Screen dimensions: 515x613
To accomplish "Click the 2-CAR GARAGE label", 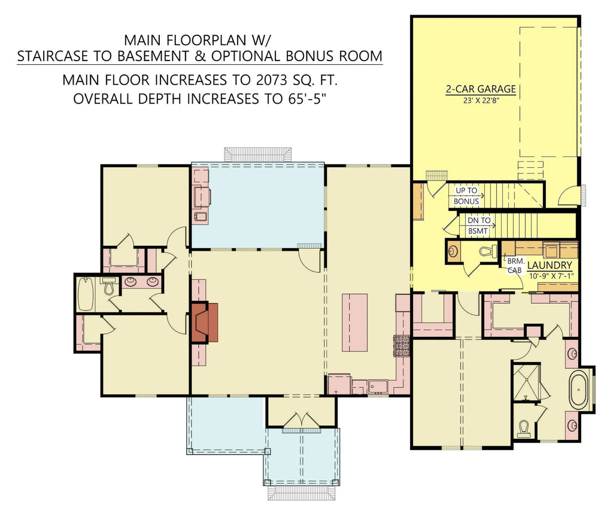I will pyautogui.click(x=481, y=89).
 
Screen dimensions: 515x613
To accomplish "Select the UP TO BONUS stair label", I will pyautogui.click(x=467, y=195).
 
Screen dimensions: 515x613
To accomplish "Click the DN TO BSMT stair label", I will pyautogui.click(x=479, y=225).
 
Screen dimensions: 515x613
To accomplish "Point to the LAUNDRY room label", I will pyautogui.click(x=550, y=265).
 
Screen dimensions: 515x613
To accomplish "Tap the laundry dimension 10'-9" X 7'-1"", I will pyautogui.click(x=550, y=276).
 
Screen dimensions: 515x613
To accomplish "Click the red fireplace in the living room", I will pyautogui.click(x=204, y=323).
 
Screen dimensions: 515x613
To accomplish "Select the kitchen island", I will pyautogui.click(x=354, y=322).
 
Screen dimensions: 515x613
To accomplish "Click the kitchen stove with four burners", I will pyautogui.click(x=402, y=347).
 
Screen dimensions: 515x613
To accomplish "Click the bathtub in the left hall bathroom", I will pyautogui.click(x=86, y=293).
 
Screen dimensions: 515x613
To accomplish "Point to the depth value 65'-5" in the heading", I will pyautogui.click(x=304, y=99).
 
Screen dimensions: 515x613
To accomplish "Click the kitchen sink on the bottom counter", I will pyautogui.click(x=378, y=386).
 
